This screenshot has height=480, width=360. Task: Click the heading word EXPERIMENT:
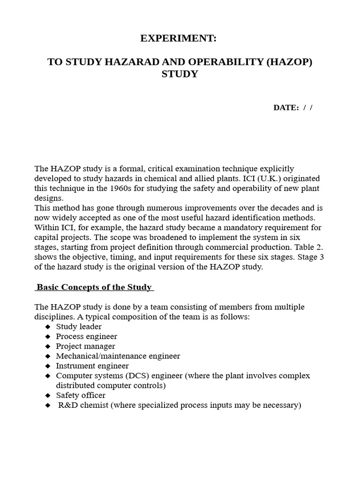pos(178,39)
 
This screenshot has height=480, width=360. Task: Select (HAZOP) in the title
pos(289,62)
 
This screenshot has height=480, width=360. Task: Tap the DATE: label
pos(286,107)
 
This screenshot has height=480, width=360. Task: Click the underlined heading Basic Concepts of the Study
pos(94,287)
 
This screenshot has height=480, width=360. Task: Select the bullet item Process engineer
pos(86,337)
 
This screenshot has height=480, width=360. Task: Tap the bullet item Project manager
pos(85,346)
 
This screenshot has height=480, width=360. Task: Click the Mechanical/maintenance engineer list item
pos(118,356)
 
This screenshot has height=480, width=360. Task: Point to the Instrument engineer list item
pos(92,366)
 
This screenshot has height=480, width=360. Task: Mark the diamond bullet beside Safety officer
pos(47,396)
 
